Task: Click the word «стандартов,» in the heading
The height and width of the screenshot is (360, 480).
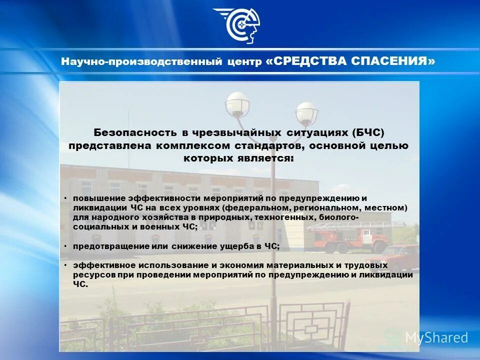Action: coord(265,145)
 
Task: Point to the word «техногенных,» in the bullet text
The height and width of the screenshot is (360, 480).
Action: coord(283,217)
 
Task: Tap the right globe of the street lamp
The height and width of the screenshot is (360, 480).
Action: coord(306,113)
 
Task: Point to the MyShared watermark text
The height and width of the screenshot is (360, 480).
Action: coord(436,337)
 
